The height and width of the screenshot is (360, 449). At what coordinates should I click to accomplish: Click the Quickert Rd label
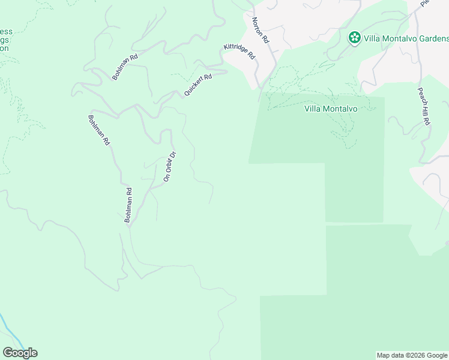point(199,86)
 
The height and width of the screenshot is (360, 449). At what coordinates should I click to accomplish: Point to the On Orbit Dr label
point(169,166)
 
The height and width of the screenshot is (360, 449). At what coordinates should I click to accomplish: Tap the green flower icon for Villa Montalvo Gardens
point(354,38)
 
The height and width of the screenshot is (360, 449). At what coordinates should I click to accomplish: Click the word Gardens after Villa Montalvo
point(429,38)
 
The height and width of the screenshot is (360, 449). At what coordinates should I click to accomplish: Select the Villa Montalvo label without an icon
point(331,109)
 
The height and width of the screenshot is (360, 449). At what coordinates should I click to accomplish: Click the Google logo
point(20,353)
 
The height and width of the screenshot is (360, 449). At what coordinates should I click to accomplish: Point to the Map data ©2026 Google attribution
point(411,355)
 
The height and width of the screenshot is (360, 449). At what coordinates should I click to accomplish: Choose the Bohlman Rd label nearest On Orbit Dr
point(128,205)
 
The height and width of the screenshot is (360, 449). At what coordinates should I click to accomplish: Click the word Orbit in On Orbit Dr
point(169,164)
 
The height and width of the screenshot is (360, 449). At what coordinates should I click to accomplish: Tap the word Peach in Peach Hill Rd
point(421,95)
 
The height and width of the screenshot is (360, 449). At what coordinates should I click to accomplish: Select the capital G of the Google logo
point(7,353)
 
